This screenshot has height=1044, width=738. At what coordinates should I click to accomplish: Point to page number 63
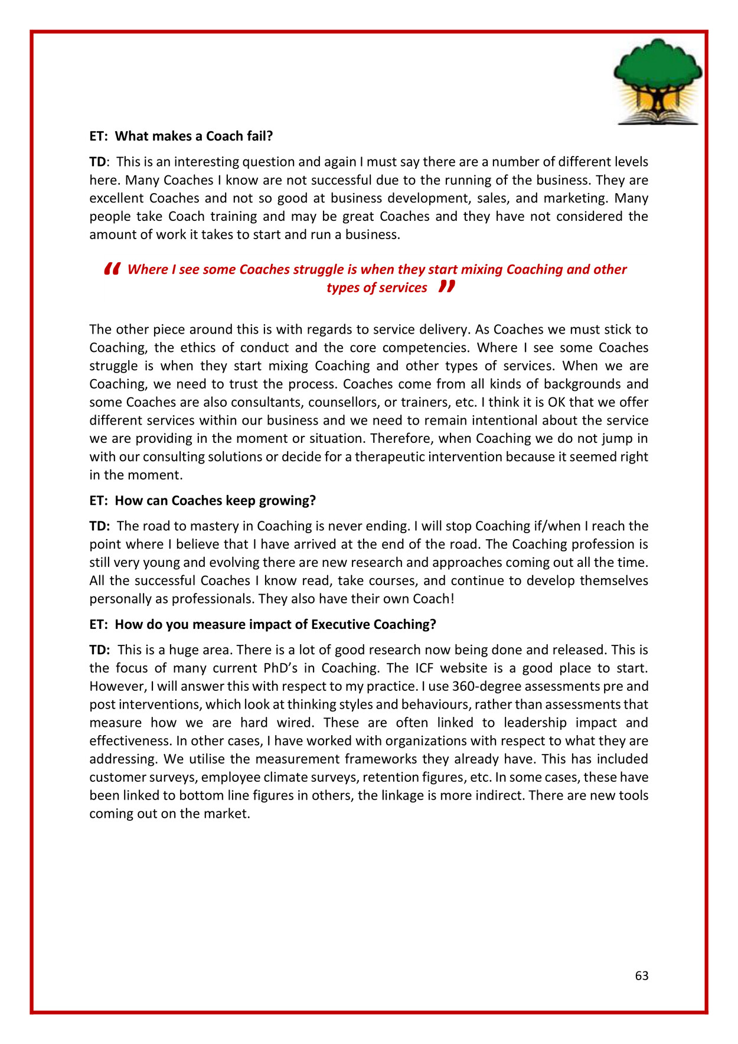[642, 976]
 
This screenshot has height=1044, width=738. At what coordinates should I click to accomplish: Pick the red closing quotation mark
[447, 287]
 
